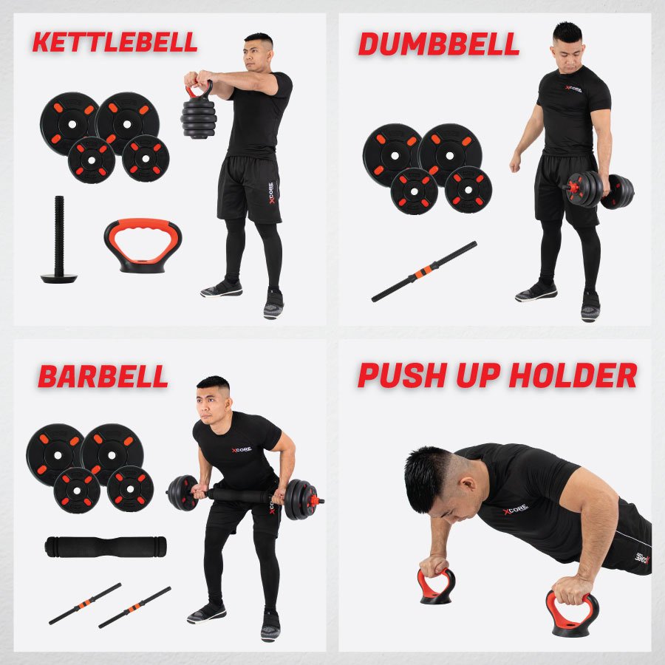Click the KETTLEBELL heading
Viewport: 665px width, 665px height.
[x=115, y=42]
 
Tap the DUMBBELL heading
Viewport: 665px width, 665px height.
[x=438, y=44]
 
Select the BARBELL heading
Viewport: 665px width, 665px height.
[x=103, y=376]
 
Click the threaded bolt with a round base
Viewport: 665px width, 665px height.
[x=59, y=239]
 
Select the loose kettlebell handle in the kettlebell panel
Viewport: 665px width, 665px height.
[x=143, y=245]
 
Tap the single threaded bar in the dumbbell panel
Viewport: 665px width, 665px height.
[x=424, y=271]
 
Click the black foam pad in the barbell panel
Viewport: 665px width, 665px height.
[x=106, y=547]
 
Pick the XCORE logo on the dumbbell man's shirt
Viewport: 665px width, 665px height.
[x=573, y=89]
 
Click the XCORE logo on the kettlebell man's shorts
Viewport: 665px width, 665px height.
[x=271, y=193]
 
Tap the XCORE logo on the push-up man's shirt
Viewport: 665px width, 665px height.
[x=515, y=509]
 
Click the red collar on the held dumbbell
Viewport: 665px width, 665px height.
[x=573, y=187]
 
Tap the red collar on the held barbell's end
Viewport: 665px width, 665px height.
[x=315, y=501]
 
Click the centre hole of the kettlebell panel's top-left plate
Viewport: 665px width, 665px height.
[x=72, y=125]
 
